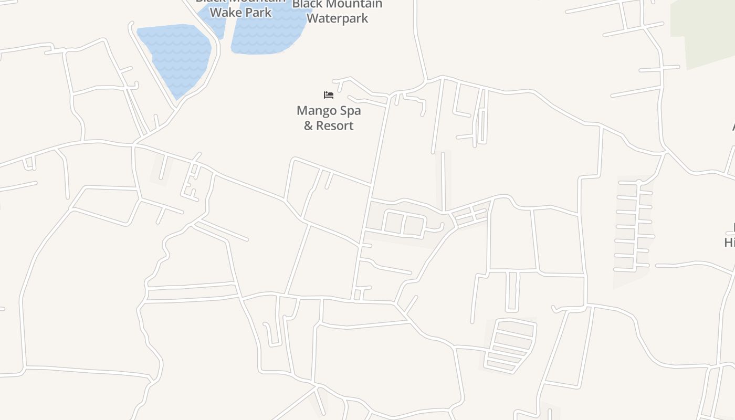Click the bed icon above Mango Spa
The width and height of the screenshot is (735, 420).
coord(329,95)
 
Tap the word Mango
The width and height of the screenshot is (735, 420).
coord(314,111)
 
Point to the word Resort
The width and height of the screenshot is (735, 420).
coord(335,126)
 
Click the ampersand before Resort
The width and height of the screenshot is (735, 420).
coord(308,126)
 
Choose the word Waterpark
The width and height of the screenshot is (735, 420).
coord(337,18)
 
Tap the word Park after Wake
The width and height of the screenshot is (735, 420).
coord(258,12)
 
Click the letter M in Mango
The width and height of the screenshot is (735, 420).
coord(301,111)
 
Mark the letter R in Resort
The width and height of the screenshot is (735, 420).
coord(320,126)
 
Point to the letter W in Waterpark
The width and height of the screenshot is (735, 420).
coord(311,18)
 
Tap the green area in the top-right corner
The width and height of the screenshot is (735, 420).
coord(706,31)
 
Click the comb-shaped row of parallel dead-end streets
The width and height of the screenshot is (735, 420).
coord(633,226)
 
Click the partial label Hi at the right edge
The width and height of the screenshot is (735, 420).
coord(730,243)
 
